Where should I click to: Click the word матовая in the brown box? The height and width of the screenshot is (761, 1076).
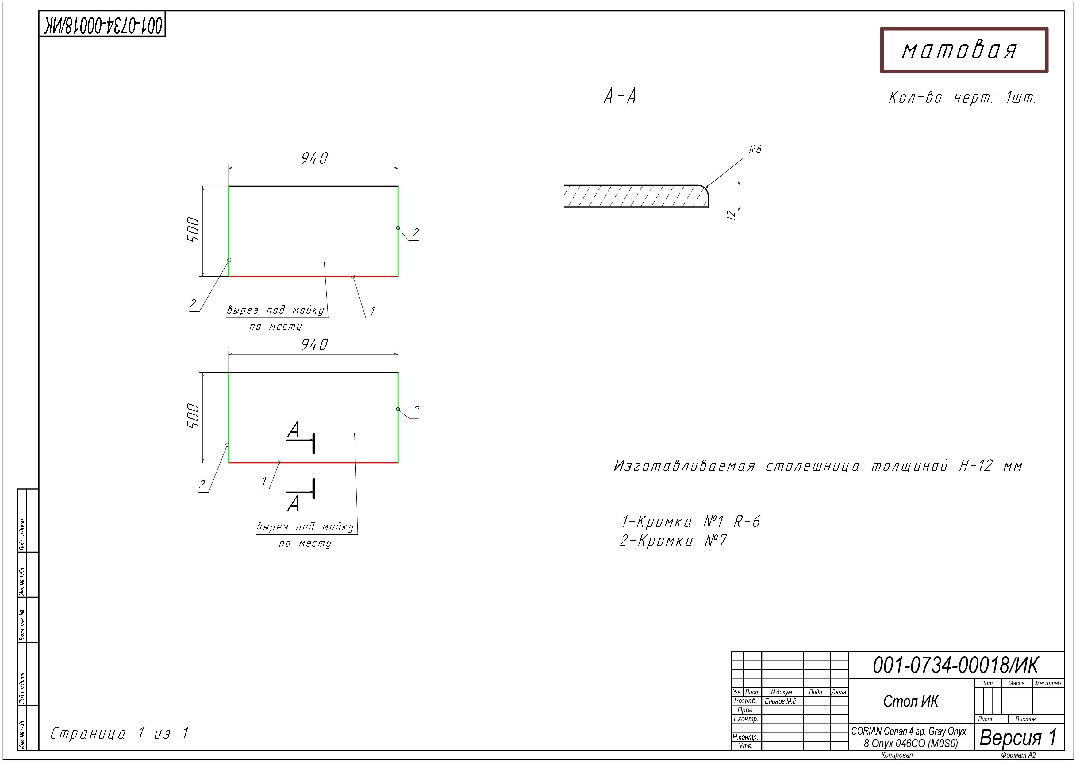pos(959,50)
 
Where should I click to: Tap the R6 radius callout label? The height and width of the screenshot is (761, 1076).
pos(755,149)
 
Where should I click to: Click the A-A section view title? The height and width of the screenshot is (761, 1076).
pos(620,97)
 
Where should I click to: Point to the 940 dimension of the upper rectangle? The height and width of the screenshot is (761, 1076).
pos(314,158)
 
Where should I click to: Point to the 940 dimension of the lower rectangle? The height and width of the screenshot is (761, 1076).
pos(314,345)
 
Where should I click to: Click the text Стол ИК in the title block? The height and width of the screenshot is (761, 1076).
pos(911,701)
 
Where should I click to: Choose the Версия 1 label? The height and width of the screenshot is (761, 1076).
pos(1018,738)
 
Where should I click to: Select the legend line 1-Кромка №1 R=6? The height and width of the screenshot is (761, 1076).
pos(690,521)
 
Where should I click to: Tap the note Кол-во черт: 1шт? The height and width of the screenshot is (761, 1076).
pos(962,98)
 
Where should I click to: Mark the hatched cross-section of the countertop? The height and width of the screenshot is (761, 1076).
pos(635,196)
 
